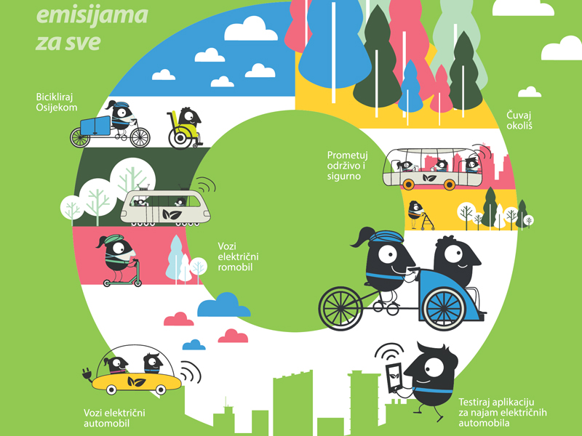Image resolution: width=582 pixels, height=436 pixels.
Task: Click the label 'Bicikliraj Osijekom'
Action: [x=57, y=102]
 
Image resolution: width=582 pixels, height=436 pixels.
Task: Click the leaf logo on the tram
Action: [x=173, y=215]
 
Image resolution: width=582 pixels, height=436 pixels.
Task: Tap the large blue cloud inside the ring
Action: [x=223, y=306]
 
